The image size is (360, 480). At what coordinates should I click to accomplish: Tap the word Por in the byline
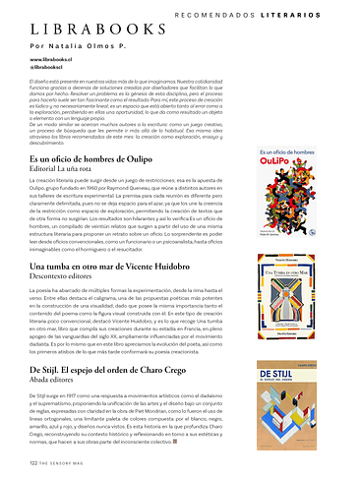pyautogui.click(x=36, y=47)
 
